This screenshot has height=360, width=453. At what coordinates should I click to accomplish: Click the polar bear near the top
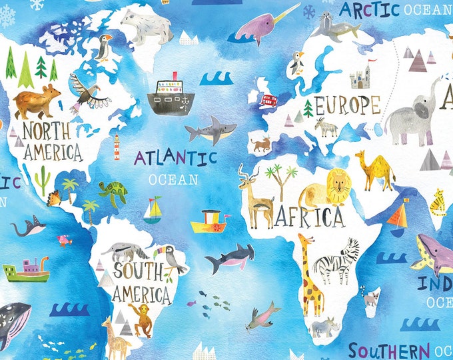click(146, 27)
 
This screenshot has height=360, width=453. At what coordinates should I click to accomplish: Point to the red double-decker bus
click(268, 101)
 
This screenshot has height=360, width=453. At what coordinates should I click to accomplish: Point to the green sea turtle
click(115, 193)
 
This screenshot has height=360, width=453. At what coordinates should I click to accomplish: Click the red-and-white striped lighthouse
click(117, 147)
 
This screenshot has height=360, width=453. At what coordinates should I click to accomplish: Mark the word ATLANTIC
click(176, 158)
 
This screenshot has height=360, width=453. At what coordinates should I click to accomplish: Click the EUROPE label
click(347, 105)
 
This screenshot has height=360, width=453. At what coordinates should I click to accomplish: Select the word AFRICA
click(311, 217)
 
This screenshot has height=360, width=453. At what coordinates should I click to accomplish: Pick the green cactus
click(43, 180)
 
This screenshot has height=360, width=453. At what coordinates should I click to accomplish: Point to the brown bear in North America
click(37, 102)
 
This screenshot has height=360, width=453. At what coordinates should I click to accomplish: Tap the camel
click(376, 170)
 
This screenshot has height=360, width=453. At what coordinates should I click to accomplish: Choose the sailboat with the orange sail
click(398, 217)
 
